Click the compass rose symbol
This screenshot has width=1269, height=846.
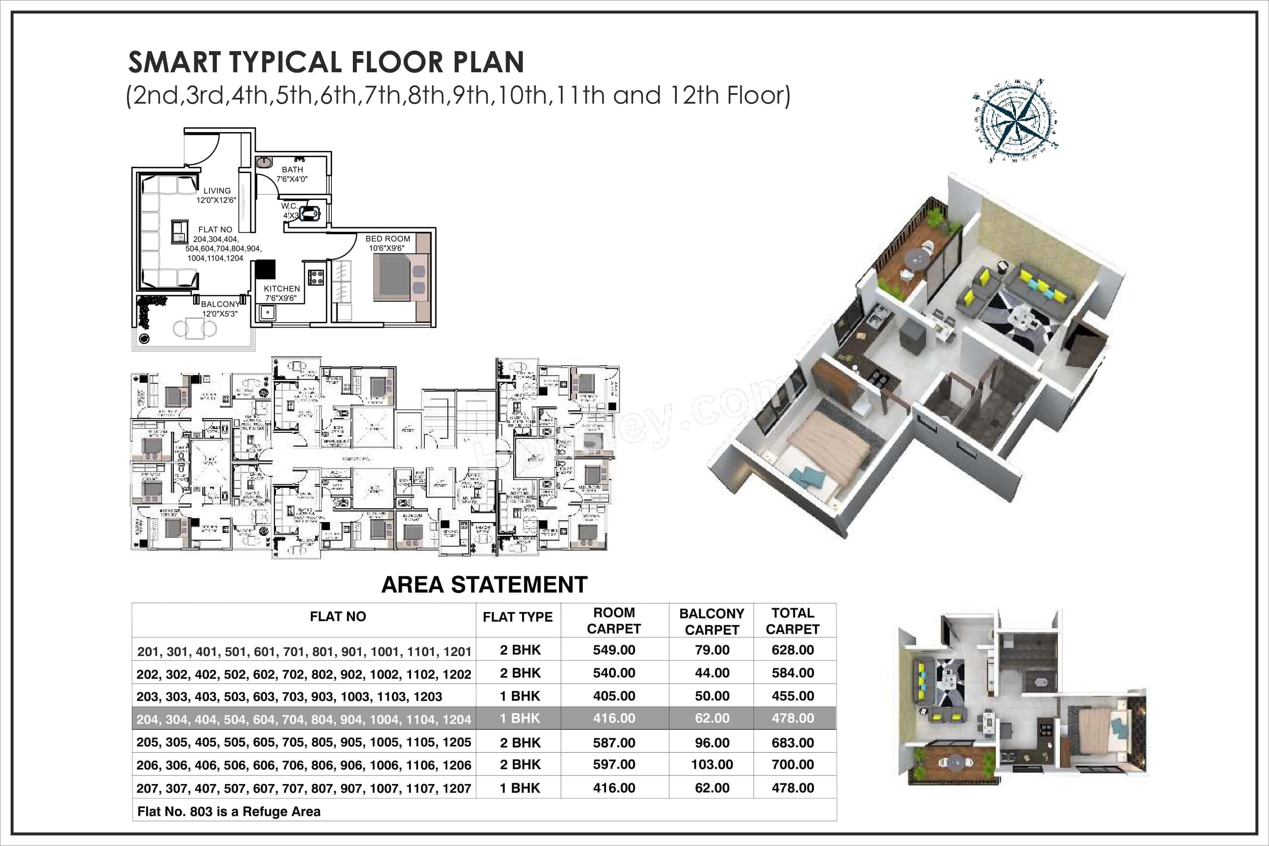click(x=1014, y=120)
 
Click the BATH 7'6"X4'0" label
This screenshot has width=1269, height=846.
click(x=292, y=174)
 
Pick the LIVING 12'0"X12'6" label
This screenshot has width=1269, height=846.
click(x=216, y=195)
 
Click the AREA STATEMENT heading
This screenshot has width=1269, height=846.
click(x=484, y=585)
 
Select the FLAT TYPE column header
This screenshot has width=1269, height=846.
click(x=517, y=617)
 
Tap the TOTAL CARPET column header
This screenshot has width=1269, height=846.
click(x=792, y=621)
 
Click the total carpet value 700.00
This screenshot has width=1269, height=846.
click(x=792, y=765)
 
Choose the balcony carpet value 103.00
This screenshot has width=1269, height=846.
click(x=712, y=765)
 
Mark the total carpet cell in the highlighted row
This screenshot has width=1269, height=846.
click(x=792, y=718)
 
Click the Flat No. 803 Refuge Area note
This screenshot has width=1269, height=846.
click(x=229, y=811)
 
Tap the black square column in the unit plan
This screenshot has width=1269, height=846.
click(x=265, y=269)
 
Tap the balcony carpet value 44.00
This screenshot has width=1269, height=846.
click(x=712, y=673)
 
